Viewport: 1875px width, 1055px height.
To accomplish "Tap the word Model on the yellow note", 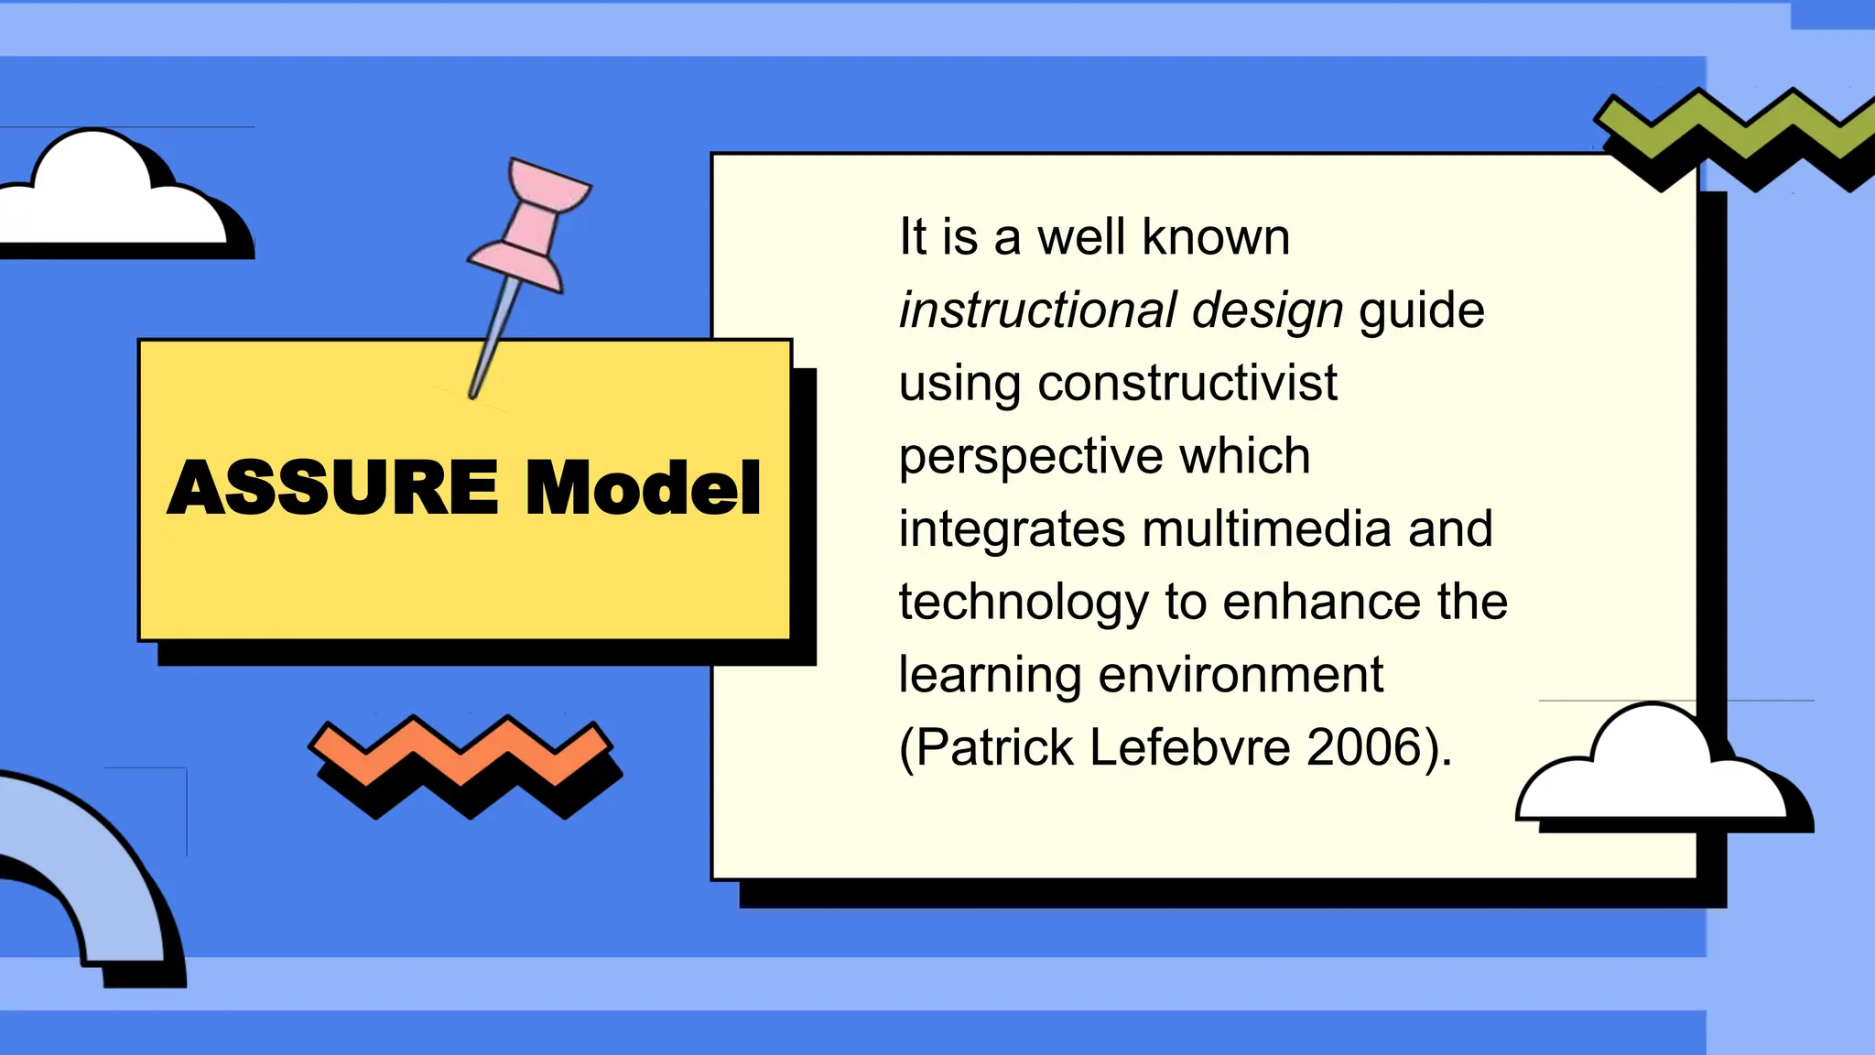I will point(643,487).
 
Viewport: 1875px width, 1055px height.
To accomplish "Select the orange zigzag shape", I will point(461,753).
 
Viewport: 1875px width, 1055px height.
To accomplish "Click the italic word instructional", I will point(1037,310).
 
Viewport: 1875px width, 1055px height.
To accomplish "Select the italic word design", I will point(1267,310).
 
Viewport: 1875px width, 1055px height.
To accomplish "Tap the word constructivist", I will point(1187,383).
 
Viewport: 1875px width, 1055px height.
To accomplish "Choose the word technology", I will point(1023,602).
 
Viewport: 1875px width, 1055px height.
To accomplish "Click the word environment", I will point(1241,675).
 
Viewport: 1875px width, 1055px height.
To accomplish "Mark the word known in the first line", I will point(1216,237).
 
